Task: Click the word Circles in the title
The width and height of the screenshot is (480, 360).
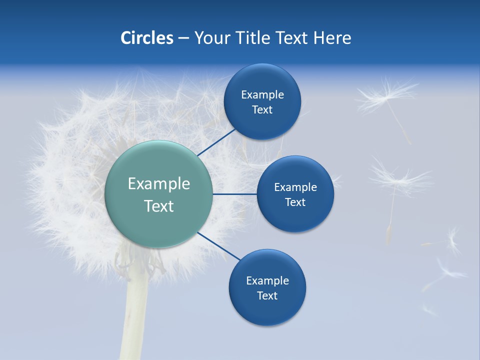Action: [x=146, y=38]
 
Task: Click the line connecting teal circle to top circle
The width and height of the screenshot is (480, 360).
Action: [x=216, y=142]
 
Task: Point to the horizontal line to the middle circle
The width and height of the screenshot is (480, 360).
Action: [x=234, y=194]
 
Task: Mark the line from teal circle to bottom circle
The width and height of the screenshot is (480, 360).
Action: [x=219, y=247]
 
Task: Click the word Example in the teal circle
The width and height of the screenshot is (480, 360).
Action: [x=158, y=184]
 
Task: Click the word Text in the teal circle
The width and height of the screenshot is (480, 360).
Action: [x=158, y=206]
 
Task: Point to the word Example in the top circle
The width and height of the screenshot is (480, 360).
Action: [x=262, y=95]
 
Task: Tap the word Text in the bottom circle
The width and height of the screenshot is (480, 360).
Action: [x=267, y=295]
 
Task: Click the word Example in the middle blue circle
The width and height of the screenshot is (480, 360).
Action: [x=295, y=187]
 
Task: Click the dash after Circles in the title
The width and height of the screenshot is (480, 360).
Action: [x=183, y=38]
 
